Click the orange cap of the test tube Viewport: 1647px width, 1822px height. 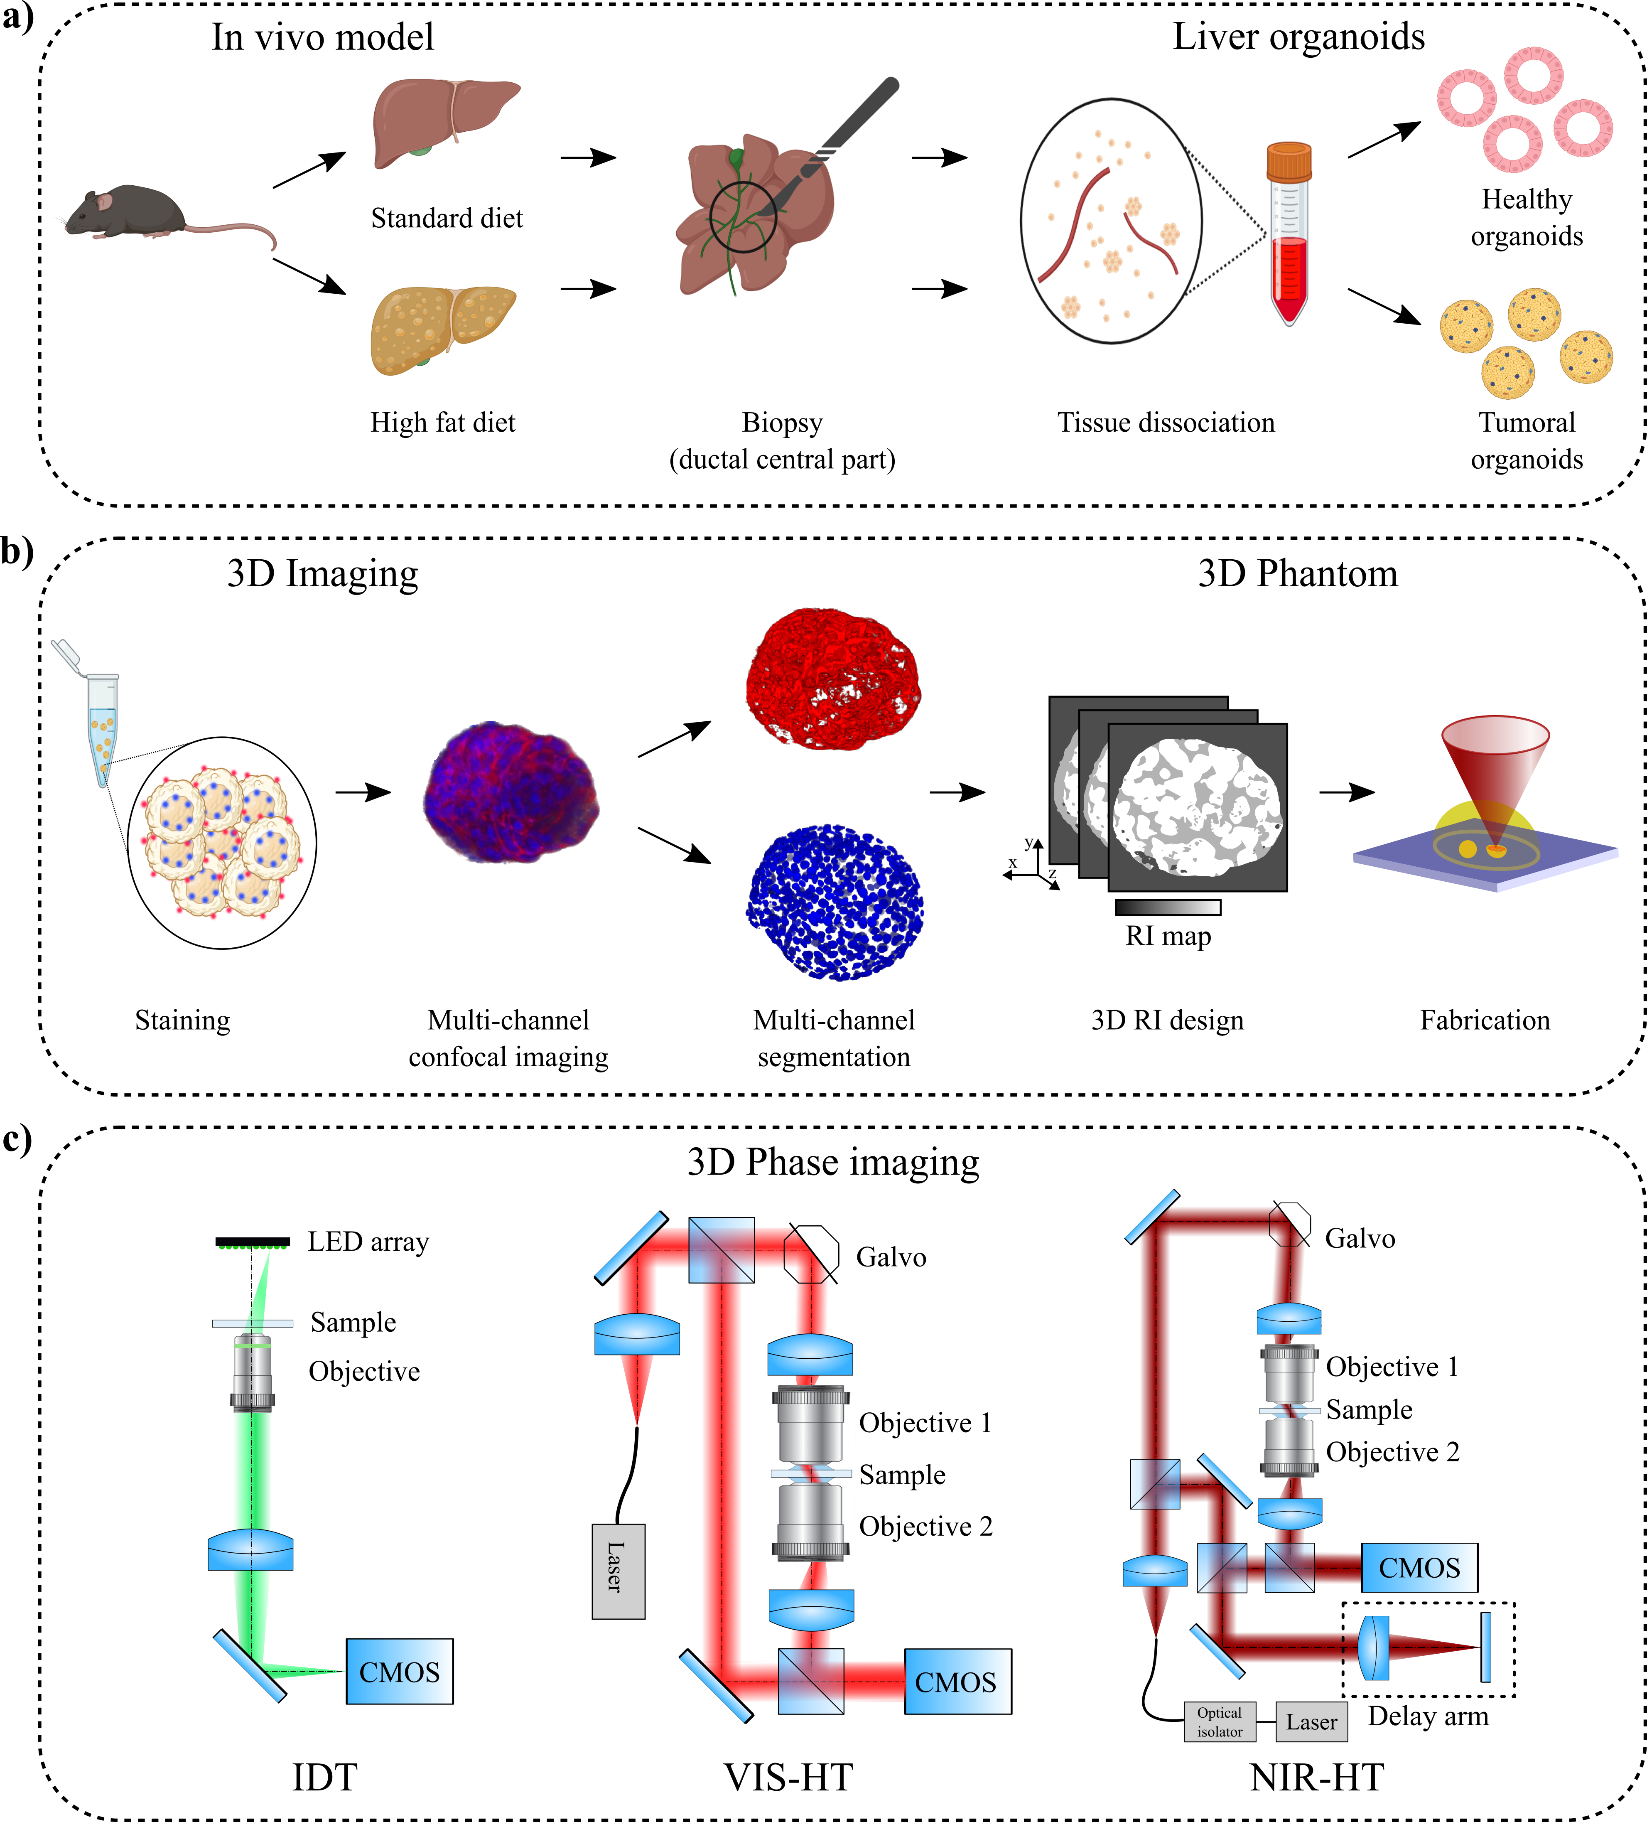click(1289, 162)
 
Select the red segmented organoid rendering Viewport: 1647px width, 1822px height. click(833, 678)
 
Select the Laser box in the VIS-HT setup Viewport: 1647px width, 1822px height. click(618, 1571)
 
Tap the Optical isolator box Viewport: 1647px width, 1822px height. click(1220, 1722)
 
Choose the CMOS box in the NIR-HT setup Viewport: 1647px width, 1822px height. click(1419, 1567)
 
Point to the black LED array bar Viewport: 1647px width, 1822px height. click(253, 1242)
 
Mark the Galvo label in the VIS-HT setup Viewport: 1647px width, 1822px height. click(891, 1257)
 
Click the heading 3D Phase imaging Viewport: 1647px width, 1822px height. click(833, 1162)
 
